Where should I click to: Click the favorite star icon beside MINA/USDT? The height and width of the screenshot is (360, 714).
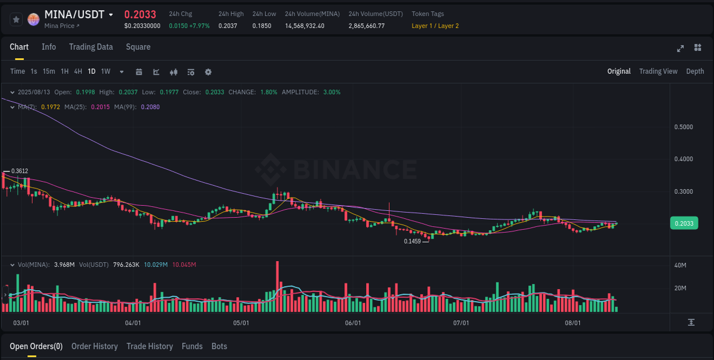click(16, 19)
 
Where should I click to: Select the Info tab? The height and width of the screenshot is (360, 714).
click(49, 47)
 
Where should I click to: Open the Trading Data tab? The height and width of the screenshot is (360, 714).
click(91, 47)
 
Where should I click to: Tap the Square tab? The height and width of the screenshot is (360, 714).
click(138, 47)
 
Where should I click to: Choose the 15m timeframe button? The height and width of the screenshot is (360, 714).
click(49, 71)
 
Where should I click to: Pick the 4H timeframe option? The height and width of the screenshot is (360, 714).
click(78, 71)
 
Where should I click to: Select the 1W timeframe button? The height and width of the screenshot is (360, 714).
click(106, 71)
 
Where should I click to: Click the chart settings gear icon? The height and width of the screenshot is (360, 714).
click(208, 72)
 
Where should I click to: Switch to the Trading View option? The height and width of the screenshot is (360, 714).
click(658, 71)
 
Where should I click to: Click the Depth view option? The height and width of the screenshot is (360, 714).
click(695, 71)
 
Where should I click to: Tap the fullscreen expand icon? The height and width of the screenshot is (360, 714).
click(680, 48)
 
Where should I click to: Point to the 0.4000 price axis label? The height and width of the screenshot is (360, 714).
click(684, 159)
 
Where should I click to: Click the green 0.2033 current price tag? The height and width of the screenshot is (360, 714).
click(684, 223)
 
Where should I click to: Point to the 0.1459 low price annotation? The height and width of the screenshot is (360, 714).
click(412, 241)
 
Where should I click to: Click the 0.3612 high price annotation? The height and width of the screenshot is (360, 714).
click(19, 171)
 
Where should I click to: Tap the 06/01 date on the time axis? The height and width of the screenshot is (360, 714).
click(353, 323)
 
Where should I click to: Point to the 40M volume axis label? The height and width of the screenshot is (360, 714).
click(680, 265)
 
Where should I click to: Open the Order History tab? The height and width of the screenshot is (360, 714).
click(94, 346)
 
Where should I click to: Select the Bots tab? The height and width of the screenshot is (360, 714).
click(219, 346)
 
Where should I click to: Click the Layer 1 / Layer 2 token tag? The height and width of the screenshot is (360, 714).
click(435, 26)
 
